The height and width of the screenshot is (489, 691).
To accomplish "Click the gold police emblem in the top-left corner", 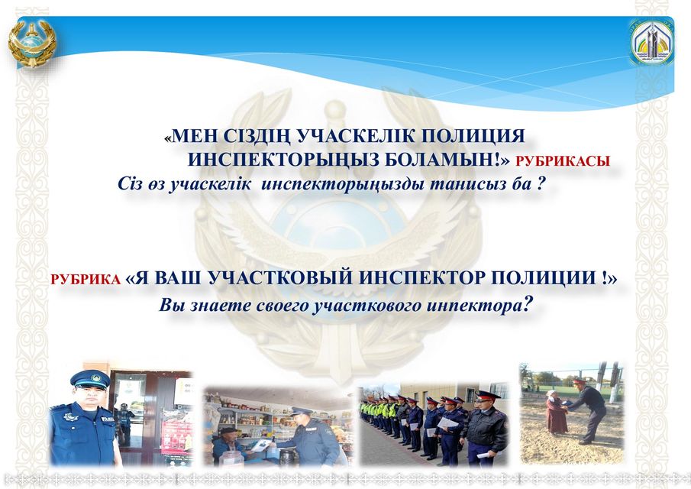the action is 32,43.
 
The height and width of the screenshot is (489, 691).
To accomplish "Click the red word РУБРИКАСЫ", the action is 563,161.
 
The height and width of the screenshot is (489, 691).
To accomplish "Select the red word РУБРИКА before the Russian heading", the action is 86,280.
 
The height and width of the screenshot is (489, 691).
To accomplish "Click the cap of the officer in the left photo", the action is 90,378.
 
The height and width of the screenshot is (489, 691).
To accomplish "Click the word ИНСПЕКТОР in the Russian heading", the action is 421,278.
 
